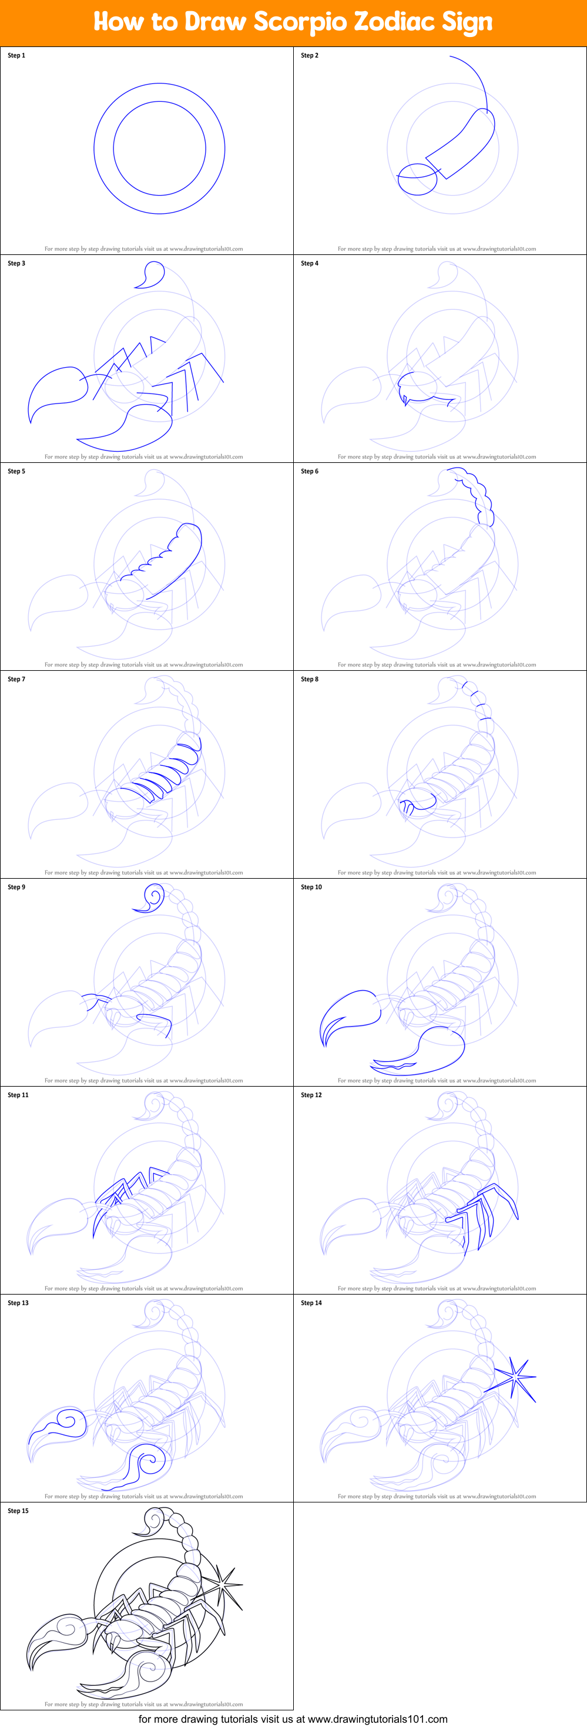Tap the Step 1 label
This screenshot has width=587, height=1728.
pyautogui.click(x=16, y=56)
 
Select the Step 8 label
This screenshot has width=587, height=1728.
pyautogui.click(x=309, y=679)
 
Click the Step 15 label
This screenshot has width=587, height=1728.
pyautogui.click(x=18, y=1511)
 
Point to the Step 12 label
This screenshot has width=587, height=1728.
pyautogui.click(x=311, y=1095)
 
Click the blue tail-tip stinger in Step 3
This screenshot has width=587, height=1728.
pyautogui.click(x=151, y=275)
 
